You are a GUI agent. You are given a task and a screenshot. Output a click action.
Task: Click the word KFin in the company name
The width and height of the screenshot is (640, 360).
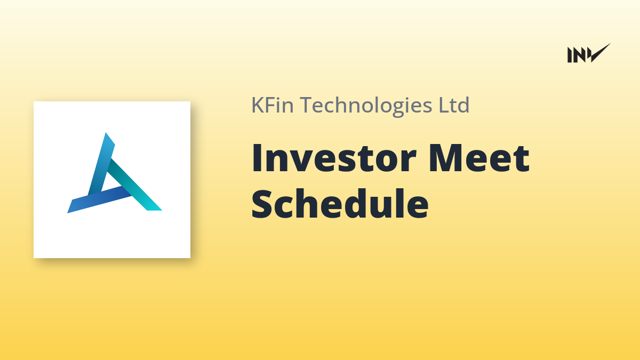pyautogui.click(x=273, y=105)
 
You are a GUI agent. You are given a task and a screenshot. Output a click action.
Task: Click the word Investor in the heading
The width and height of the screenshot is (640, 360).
pyautogui.click(x=334, y=158)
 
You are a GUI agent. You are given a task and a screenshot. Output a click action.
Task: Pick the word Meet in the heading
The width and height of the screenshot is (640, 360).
pyautogui.click(x=479, y=158)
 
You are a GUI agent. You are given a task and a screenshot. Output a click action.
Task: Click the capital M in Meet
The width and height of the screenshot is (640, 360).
pyautogui.click(x=445, y=158)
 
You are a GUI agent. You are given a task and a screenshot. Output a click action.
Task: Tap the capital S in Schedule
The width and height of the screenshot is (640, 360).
pyautogui.click(x=261, y=204)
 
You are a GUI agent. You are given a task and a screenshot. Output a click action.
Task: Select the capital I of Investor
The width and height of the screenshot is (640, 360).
pyautogui.click(x=256, y=158)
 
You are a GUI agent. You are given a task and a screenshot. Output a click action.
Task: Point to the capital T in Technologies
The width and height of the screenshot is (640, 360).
pyautogui.click(x=307, y=105)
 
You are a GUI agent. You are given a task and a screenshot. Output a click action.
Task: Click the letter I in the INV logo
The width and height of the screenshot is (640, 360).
pyautogui.click(x=569, y=55)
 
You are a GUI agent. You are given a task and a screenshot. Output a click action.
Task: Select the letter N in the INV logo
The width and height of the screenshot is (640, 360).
pyautogui.click(x=579, y=55)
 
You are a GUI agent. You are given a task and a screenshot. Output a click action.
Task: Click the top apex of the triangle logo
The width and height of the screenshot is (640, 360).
pyautogui.click(x=106, y=133)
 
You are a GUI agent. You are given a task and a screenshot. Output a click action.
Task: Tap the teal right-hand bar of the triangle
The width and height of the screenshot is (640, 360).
pyautogui.click(x=134, y=185)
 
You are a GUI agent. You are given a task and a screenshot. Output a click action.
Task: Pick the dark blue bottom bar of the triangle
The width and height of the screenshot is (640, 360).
pyautogui.click(x=99, y=199)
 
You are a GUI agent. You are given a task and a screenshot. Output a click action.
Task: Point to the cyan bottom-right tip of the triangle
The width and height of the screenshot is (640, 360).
pyautogui.click(x=158, y=209)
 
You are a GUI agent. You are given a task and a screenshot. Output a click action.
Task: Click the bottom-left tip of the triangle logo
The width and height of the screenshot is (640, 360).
pyautogui.click(x=69, y=211)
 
